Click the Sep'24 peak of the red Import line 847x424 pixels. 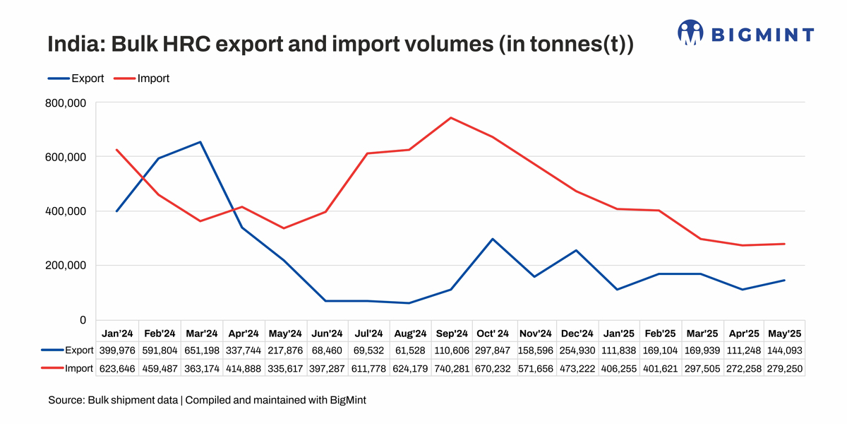point(450,118)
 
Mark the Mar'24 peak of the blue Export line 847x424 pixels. point(200,142)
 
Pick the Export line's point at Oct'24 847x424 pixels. point(492,239)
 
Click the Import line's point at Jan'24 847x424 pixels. point(116,150)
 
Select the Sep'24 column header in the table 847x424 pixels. point(452,333)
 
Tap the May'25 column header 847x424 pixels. point(784,333)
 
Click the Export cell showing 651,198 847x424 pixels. point(202,350)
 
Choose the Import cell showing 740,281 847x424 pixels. point(452,369)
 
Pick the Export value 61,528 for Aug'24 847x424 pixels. point(410,350)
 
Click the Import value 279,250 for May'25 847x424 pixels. point(784,369)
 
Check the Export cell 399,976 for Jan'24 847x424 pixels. point(118,350)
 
